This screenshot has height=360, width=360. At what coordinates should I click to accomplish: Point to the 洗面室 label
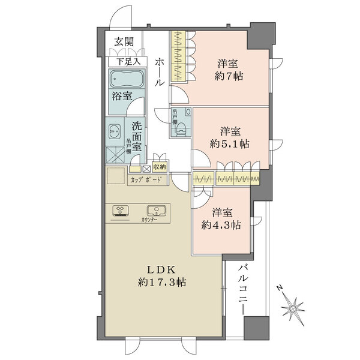click(x=136, y=135)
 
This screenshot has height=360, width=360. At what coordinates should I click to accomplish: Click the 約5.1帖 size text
click(x=230, y=144)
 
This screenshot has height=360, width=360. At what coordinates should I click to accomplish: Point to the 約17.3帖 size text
click(x=160, y=281)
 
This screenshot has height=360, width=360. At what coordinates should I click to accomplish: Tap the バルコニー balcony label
click(x=241, y=287)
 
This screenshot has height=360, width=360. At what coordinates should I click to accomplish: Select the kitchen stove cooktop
click(x=122, y=211)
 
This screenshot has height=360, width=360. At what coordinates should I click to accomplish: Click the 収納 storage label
click(x=159, y=167)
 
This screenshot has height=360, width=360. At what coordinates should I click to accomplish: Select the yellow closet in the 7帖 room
click(x=178, y=57)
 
